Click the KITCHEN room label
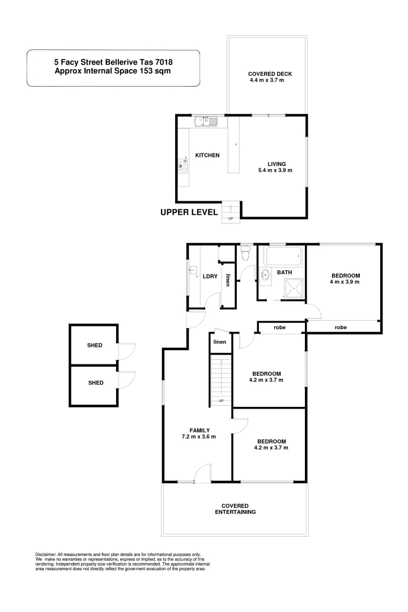click(207, 155)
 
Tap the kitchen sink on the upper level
click(202, 121)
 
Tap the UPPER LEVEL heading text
click(189, 212)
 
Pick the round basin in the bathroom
click(265, 277)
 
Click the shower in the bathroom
click(293, 288)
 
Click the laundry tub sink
click(193, 270)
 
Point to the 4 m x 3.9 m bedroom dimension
click(346, 282)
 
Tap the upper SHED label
click(95, 345)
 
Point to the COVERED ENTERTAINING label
click(235, 508)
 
